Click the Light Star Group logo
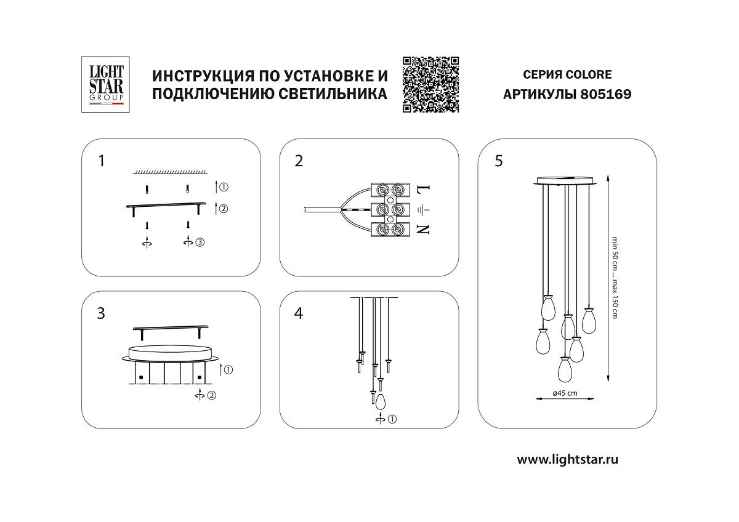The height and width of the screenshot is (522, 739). (103, 84)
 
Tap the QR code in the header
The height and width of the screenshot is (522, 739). (431, 84)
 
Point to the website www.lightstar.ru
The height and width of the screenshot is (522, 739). (567, 459)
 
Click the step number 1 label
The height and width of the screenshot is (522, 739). (102, 161)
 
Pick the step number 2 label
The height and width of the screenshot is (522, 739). (299, 161)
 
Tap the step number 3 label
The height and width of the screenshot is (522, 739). (102, 313)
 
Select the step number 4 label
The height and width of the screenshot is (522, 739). (299, 313)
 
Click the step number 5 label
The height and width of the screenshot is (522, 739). (498, 161)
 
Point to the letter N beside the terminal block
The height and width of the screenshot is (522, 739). (423, 230)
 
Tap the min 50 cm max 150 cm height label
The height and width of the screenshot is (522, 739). (614, 277)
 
